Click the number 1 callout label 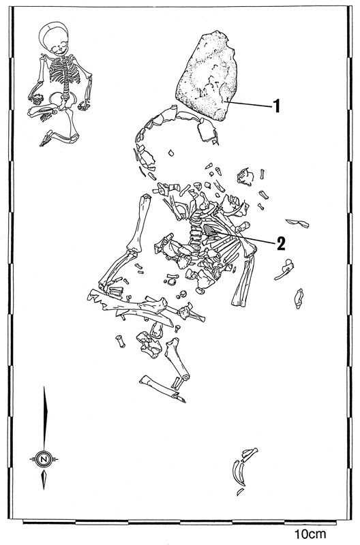tap(277, 106)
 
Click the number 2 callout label tap(281, 243)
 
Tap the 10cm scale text tap(310, 534)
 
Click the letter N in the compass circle tap(44, 459)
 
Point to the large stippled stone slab tap(207, 76)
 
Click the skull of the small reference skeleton tap(55, 38)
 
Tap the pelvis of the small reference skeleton tap(63, 99)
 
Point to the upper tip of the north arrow tap(44, 386)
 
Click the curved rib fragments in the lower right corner tap(243, 469)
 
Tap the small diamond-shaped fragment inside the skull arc tap(170, 153)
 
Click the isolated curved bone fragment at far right tap(299, 298)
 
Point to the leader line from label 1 tap(249, 104)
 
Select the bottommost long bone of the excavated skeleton tap(162, 389)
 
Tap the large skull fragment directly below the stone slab tap(207, 131)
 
